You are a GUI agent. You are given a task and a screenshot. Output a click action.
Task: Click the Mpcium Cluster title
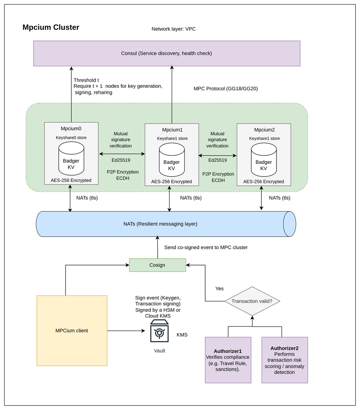click(51, 27)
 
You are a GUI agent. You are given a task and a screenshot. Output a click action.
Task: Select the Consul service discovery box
click(167, 53)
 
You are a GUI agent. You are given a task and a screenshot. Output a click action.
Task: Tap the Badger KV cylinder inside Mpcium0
click(71, 158)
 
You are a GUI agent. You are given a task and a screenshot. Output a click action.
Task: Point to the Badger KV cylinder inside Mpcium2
click(264, 159)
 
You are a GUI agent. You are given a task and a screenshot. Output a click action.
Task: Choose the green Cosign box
click(157, 265)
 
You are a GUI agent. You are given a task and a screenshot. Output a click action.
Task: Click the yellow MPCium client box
click(72, 331)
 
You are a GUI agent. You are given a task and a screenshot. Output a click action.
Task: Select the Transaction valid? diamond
click(252, 301)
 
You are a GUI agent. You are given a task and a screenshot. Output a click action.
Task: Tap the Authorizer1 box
click(228, 360)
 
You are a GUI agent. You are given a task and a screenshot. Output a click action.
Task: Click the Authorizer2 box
click(284, 360)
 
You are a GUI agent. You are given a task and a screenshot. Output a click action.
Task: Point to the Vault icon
click(159, 332)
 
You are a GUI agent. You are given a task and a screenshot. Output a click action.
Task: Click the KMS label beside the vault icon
click(182, 335)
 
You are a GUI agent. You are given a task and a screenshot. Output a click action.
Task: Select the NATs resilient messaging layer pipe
click(161, 224)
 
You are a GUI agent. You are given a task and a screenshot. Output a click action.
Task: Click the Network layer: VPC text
click(174, 29)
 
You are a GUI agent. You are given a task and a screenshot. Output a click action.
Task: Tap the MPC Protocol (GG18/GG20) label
click(225, 88)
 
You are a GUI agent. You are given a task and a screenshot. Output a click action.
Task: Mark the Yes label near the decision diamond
click(219, 288)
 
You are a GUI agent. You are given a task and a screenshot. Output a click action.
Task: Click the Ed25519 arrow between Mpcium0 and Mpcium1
click(122, 154)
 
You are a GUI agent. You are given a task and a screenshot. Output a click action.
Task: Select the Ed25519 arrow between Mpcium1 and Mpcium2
click(217, 156)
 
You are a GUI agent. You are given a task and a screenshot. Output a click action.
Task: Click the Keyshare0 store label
click(71, 137)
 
